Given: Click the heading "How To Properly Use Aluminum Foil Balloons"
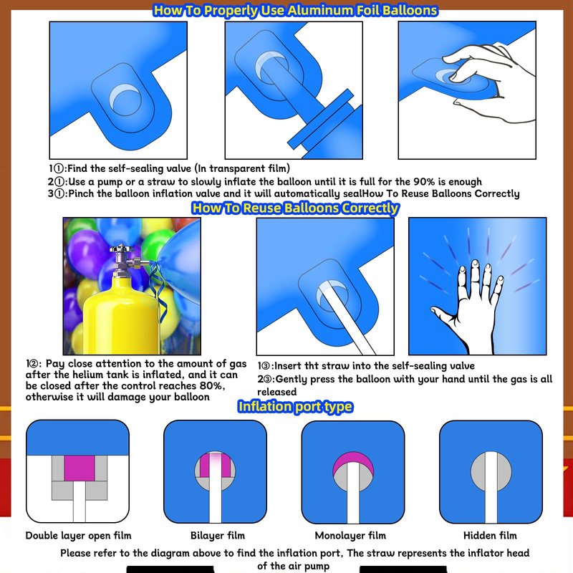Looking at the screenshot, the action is tap(295, 10).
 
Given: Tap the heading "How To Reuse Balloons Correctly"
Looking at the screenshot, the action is tap(295, 208).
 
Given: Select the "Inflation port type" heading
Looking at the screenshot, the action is tap(295, 406).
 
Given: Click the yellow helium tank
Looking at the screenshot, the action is tap(120, 314).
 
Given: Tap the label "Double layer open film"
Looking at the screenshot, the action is tap(78, 536).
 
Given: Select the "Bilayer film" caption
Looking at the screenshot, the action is tap(218, 536).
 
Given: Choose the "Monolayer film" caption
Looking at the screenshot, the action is tap(350, 536).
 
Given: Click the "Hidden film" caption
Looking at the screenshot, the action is tap(490, 536).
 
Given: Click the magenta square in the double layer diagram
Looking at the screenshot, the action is tap(80, 468).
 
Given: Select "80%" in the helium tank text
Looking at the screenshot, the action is tap(212, 386).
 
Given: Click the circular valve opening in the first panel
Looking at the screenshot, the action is tap(125, 100).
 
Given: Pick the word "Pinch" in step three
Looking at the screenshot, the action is tap(82, 193).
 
